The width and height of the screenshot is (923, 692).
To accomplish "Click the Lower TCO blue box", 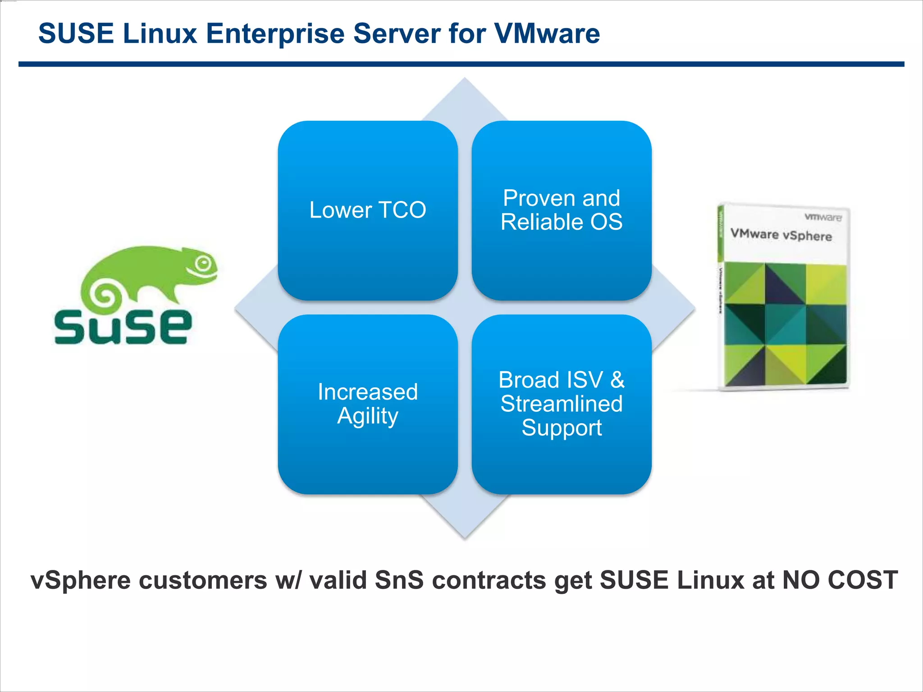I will pos(368,210).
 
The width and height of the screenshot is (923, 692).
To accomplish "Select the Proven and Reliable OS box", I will pos(562,210).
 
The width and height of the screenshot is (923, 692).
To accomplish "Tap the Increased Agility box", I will pos(368,404).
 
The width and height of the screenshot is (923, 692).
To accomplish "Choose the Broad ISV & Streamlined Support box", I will pos(562,404).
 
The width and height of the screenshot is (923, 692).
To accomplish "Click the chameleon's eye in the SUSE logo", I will pos(203,263).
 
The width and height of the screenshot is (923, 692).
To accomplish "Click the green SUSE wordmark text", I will pos(123,327).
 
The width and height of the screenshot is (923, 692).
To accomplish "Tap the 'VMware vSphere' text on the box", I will pos(781,235).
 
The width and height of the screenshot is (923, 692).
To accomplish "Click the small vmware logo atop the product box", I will pos(823,217).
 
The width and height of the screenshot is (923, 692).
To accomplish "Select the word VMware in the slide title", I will pos(547,34).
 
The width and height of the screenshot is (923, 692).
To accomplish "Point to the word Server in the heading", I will pos(397,34).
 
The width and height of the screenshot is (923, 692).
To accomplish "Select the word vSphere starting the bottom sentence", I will pos(81,580).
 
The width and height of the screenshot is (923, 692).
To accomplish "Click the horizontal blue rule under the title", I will pos(461,64).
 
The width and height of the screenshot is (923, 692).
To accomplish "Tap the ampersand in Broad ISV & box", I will pos(617,380).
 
